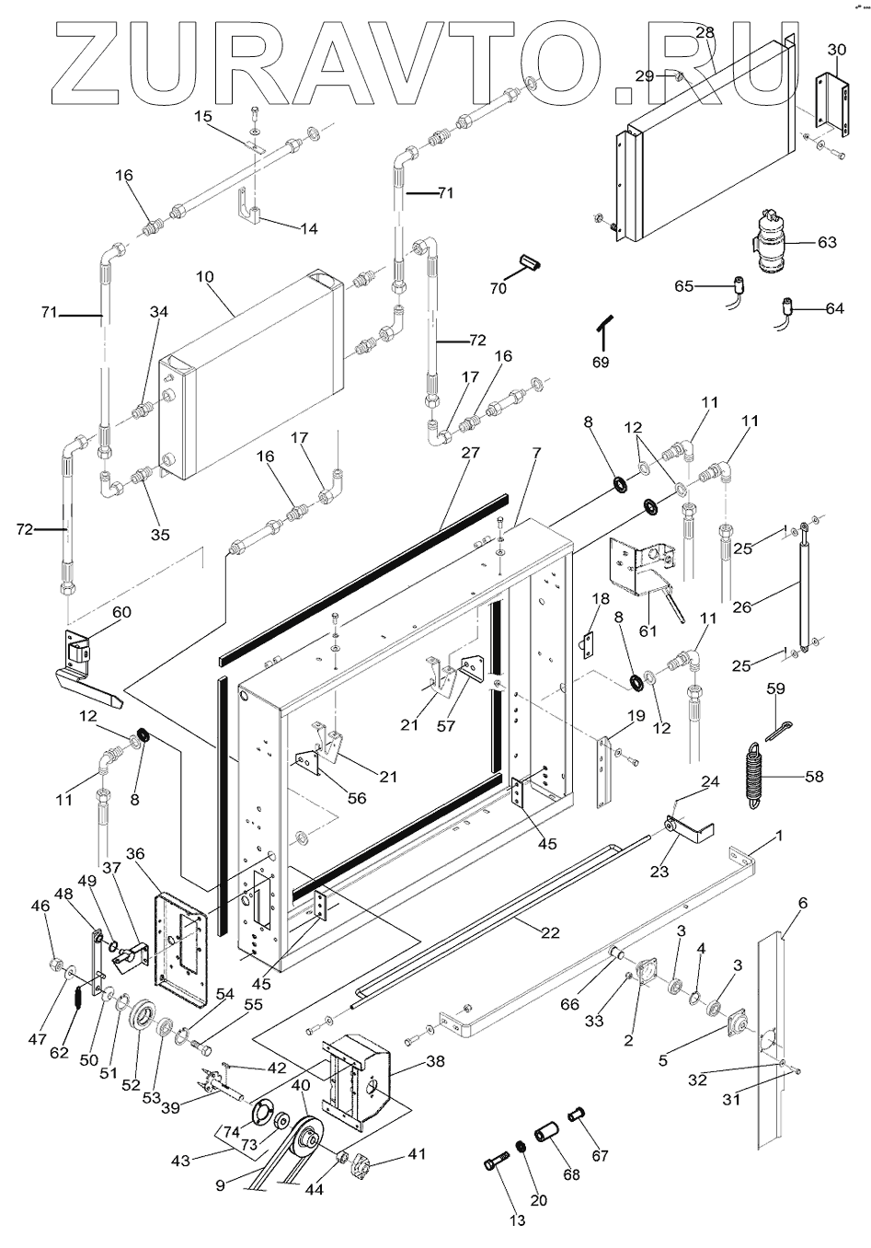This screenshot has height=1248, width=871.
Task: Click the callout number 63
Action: [x=827, y=243]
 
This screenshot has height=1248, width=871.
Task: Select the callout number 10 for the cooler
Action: [x=203, y=277]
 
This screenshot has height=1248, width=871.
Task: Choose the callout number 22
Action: [x=550, y=932]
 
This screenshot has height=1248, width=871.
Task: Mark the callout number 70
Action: [x=498, y=288]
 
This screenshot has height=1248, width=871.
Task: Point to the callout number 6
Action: [x=802, y=904]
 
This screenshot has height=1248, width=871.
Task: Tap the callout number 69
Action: [x=600, y=363]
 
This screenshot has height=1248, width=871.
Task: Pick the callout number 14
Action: [x=309, y=228]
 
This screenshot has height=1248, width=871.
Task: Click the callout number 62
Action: [x=59, y=1052]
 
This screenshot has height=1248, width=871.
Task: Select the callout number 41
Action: [x=418, y=1152]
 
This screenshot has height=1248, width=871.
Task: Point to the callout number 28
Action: [x=705, y=33]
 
